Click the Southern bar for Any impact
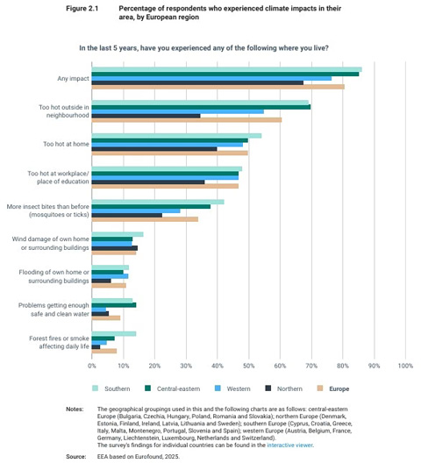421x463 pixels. click(x=227, y=69)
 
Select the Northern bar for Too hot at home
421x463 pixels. click(x=154, y=149)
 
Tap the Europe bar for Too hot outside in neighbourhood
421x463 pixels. click(x=187, y=120)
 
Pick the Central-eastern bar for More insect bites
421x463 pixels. click(x=151, y=207)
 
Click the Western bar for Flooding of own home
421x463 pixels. click(x=111, y=276)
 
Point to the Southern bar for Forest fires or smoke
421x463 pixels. click(x=114, y=334)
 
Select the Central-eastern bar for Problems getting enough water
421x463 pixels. click(x=114, y=305)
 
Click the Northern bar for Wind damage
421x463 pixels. click(x=115, y=248)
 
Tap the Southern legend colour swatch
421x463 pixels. click(x=95, y=388)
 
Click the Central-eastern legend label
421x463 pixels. click(x=178, y=388)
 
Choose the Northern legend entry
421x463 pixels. click(x=284, y=388)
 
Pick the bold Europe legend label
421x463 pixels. click(x=339, y=388)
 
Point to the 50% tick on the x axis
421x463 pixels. click(x=249, y=366)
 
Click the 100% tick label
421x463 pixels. click(x=405, y=366)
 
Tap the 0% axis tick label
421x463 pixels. click(x=92, y=366)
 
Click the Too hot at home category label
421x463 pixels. click(x=66, y=144)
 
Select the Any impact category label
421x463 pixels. click(x=74, y=79)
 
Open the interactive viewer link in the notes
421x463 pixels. click(x=289, y=445)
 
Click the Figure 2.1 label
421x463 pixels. click(x=82, y=9)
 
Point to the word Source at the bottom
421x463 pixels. click(x=76, y=457)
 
